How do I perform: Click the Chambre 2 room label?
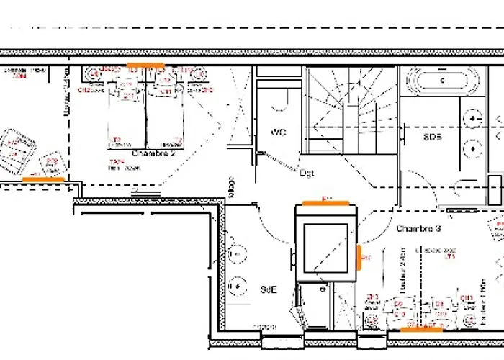click(x=153, y=153)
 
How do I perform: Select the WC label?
click(x=279, y=132)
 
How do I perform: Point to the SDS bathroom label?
click(x=432, y=137)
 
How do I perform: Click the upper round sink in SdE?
click(x=235, y=256)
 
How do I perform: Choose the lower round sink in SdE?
click(x=235, y=287)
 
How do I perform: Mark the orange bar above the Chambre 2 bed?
click(x=145, y=65)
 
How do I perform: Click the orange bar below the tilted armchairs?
click(x=44, y=178)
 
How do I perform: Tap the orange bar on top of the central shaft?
click(x=325, y=202)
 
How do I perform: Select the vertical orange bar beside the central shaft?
click(x=359, y=255)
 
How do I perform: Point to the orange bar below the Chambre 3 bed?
click(x=422, y=330)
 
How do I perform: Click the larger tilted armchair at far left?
click(x=18, y=149)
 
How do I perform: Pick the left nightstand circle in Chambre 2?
click(x=93, y=73)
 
